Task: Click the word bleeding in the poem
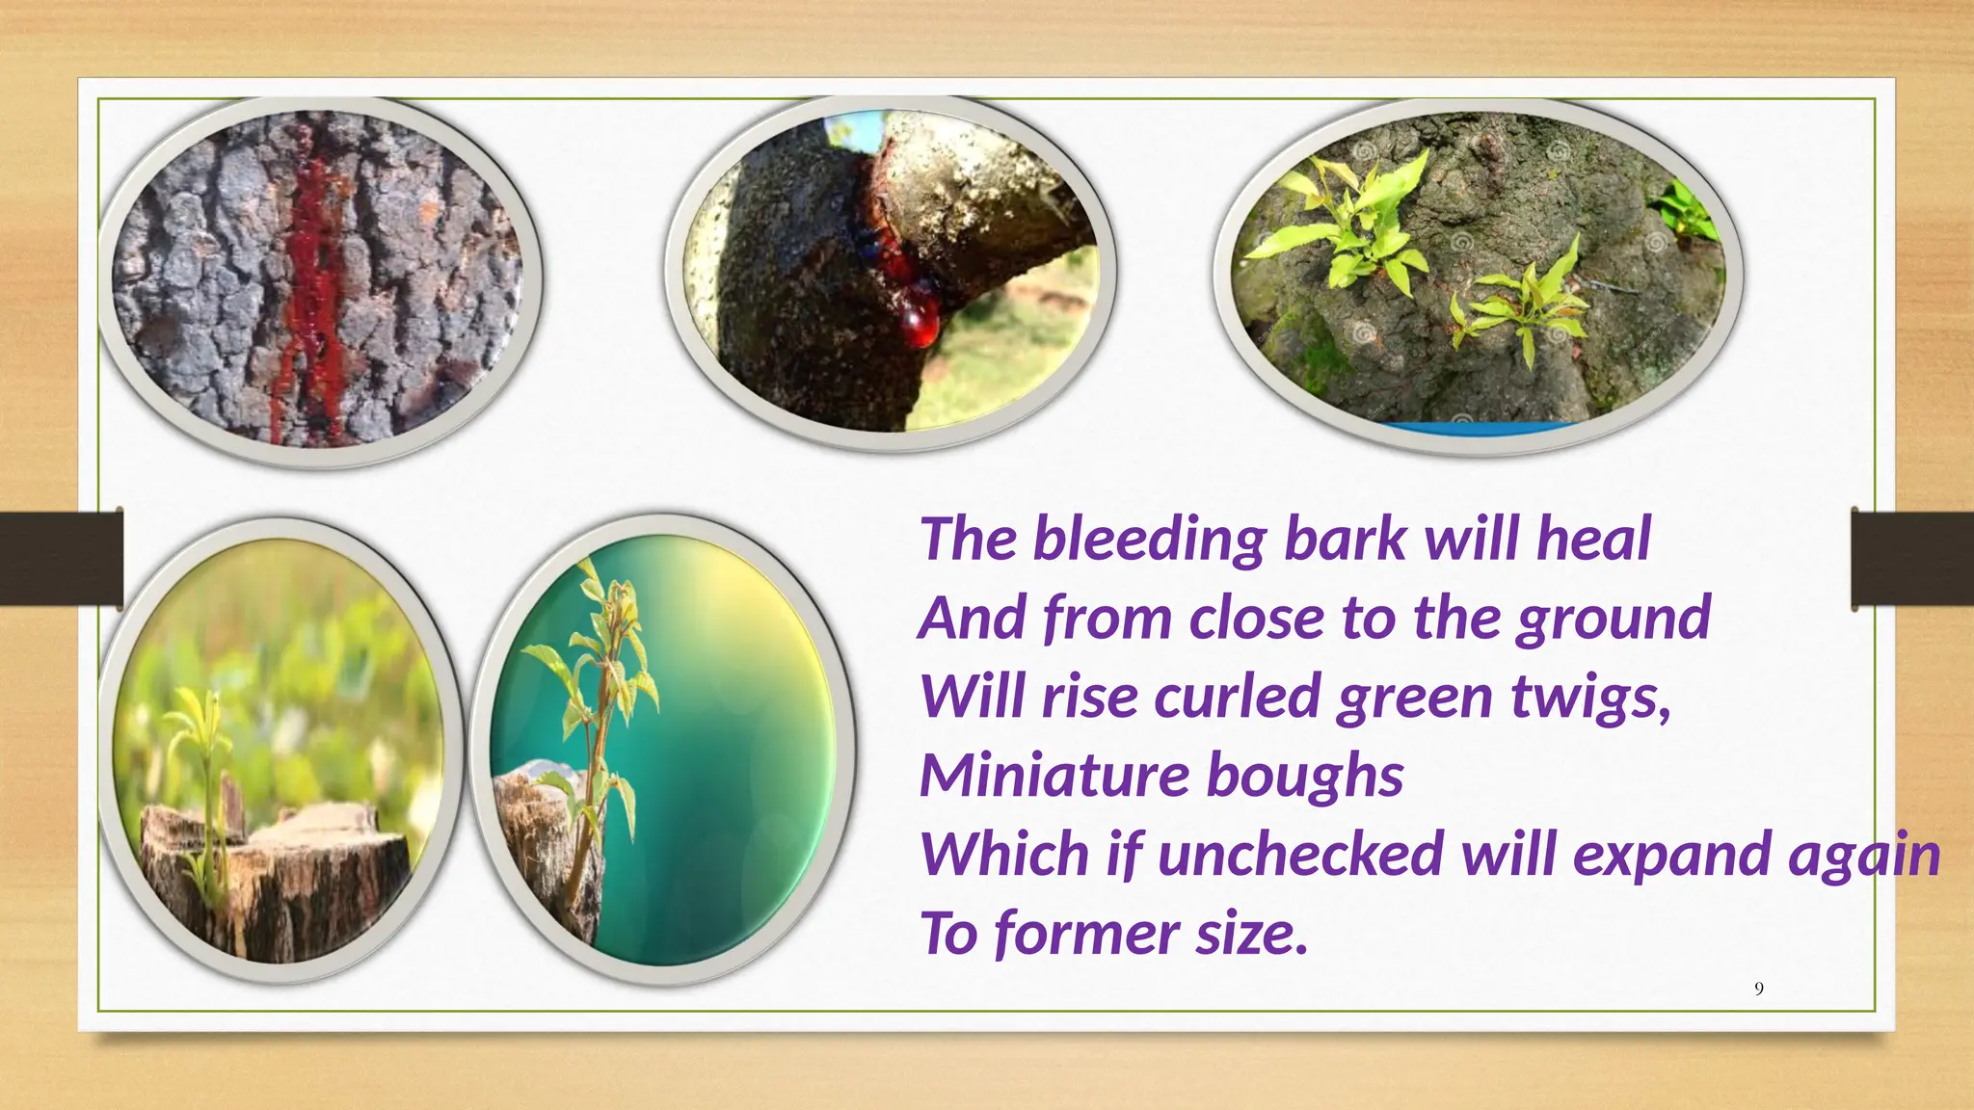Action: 1149,539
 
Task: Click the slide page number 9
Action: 1759,989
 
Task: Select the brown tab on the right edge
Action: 1912,559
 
